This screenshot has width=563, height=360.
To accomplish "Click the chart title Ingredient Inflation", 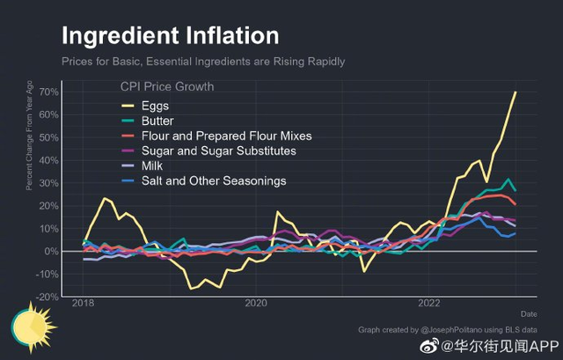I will tap(170, 36).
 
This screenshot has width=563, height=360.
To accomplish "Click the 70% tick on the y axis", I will tap(48, 92).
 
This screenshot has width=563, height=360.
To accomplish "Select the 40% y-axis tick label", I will tap(48, 161).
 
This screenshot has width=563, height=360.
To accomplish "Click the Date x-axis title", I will tap(529, 313).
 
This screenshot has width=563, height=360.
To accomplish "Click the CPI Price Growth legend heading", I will tap(167, 87).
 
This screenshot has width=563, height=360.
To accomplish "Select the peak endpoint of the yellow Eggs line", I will tap(515, 92).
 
